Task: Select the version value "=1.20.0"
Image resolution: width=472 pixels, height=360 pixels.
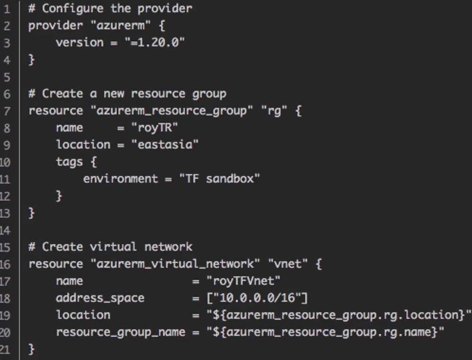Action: pos(154,43)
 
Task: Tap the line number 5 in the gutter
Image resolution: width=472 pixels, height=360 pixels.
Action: pos(7,77)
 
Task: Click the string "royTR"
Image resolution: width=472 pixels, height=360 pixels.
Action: pos(154,128)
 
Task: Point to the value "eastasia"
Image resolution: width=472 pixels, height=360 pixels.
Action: pos(165,145)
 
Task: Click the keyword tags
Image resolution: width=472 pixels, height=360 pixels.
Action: pos(69,162)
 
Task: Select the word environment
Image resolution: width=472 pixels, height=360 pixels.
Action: pos(120,179)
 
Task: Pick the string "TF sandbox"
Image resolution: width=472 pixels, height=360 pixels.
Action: pos(219,179)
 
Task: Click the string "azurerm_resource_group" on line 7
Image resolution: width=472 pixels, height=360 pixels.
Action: pos(172,111)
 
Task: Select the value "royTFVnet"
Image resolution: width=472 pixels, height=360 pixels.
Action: pos(243,281)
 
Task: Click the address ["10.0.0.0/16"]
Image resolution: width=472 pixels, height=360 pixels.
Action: pos(257,298)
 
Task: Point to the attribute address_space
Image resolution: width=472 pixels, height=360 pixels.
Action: pos(100,298)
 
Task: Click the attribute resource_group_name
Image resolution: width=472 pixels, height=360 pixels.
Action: pos(120,332)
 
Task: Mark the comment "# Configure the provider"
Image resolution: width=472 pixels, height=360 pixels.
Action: pos(110,9)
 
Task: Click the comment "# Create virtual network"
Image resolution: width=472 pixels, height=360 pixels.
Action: pos(110,247)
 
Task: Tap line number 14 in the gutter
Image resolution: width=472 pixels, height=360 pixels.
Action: pos(6,230)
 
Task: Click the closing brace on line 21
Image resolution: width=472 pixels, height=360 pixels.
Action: pos(32,349)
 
